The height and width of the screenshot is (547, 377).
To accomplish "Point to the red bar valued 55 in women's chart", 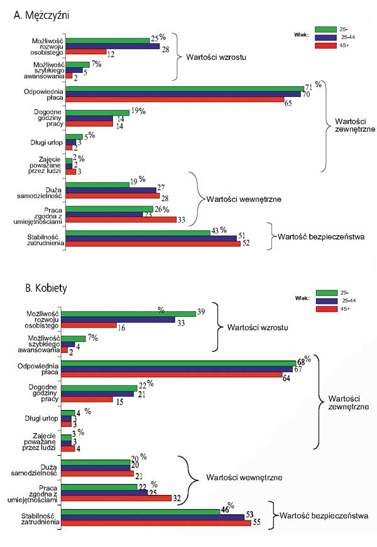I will pyautogui.click(x=158, y=523).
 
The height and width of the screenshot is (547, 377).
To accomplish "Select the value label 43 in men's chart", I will pyautogui.click(x=215, y=231).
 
